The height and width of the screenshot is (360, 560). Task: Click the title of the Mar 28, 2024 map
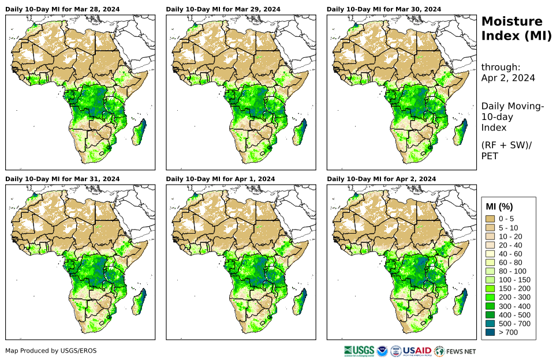click(x=62, y=9)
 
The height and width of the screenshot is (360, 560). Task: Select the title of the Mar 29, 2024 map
click(x=223, y=9)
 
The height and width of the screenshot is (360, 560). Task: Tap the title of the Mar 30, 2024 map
click(x=383, y=9)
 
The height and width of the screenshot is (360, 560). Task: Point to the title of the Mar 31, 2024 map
click(x=62, y=179)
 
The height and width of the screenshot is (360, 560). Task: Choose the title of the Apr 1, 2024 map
click(x=220, y=179)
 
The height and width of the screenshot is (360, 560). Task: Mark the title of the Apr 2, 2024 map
click(x=381, y=179)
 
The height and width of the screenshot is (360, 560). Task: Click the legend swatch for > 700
click(x=491, y=332)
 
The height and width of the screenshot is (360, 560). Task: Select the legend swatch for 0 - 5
click(x=491, y=219)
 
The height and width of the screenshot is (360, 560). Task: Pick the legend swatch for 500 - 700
click(x=491, y=324)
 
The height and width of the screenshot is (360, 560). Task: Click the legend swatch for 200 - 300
click(x=491, y=297)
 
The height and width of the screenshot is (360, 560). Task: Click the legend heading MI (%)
click(x=499, y=207)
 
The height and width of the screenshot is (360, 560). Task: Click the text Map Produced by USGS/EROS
click(x=51, y=351)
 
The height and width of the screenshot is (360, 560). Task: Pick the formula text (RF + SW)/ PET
click(x=506, y=150)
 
